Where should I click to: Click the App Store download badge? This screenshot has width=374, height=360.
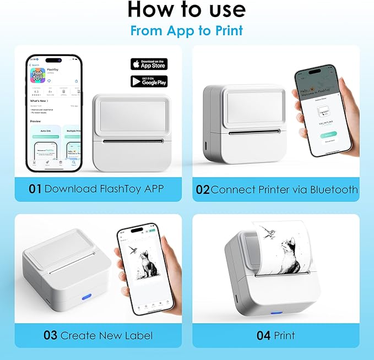pos(149,63)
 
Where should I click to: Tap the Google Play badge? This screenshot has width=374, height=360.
pos(149,81)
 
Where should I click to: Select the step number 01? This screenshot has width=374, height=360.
pos(35,189)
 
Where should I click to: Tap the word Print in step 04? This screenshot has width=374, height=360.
pos(284,335)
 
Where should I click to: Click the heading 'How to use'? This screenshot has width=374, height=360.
pos(187,10)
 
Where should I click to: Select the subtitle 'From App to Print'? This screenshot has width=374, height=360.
pos(187,30)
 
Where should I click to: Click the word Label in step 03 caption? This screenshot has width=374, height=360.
pos(137,335)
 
